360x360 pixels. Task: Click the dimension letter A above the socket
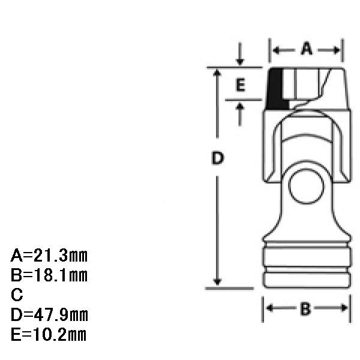click(307, 49)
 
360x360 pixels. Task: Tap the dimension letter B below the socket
click(305, 308)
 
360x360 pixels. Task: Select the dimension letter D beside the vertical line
click(217, 158)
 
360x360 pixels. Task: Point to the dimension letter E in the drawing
click(241, 85)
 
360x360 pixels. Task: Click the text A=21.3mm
click(49, 256)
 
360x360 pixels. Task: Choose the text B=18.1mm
click(49, 275)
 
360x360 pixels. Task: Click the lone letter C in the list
click(17, 295)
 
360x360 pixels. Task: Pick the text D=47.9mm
click(49, 314)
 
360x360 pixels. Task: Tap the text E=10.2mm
click(49, 334)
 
